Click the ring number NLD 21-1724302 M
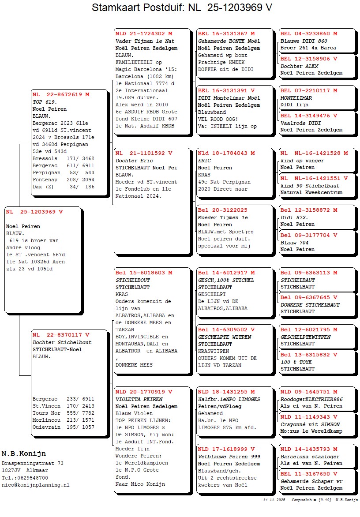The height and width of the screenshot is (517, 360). point(144,34)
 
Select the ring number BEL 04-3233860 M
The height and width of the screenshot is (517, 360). point(309,34)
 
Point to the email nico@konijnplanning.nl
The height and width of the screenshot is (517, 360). point(35,485)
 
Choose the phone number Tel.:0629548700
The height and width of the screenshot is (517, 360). point(25,478)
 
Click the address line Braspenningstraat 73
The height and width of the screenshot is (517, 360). point(33,463)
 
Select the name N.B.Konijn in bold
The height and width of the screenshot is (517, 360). point(23,453)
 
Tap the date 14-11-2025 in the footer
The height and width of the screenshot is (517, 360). point(274,500)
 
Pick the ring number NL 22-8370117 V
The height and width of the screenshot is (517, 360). point(61,335)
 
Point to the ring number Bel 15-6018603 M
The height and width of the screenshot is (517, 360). point(144,273)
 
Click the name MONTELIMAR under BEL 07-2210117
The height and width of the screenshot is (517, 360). point(296,98)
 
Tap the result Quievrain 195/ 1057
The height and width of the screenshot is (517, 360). point(64,427)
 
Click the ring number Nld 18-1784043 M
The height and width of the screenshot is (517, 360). point(226,153)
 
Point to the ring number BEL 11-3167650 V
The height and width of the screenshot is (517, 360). point(309,474)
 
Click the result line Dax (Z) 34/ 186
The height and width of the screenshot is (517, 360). point(64,187)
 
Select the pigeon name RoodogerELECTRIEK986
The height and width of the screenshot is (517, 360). point(311,399)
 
